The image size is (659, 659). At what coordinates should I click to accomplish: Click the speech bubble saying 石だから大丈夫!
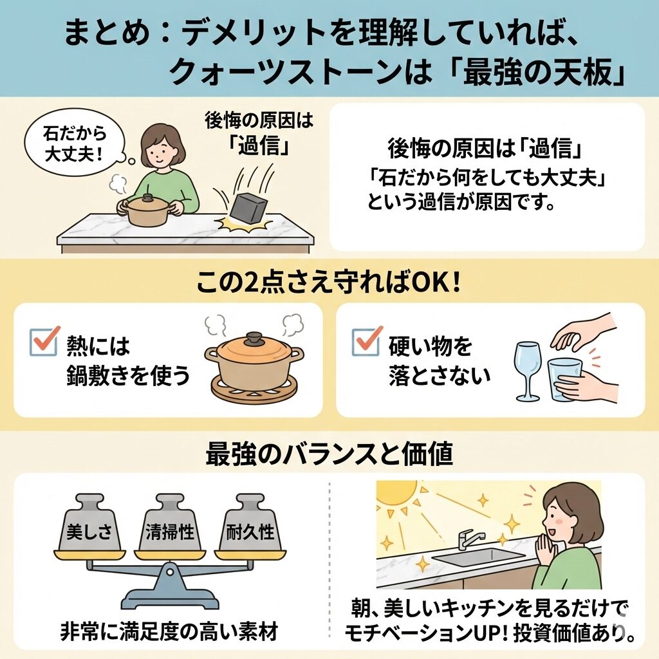point(75,144)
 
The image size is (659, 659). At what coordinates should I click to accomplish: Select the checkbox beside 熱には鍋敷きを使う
point(44,340)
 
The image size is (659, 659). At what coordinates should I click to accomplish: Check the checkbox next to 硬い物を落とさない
point(366,340)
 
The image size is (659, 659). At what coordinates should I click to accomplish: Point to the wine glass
point(528,371)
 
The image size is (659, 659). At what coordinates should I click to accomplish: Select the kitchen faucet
point(469,539)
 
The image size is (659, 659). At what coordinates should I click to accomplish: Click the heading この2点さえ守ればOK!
point(328,283)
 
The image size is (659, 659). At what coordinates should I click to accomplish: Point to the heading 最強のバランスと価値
point(329,454)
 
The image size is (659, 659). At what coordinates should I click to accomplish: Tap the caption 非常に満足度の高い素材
point(169,631)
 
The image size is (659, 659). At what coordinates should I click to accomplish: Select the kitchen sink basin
point(479,557)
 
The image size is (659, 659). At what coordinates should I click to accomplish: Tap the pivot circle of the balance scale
point(169,571)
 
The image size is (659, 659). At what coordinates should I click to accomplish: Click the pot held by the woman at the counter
point(148,210)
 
